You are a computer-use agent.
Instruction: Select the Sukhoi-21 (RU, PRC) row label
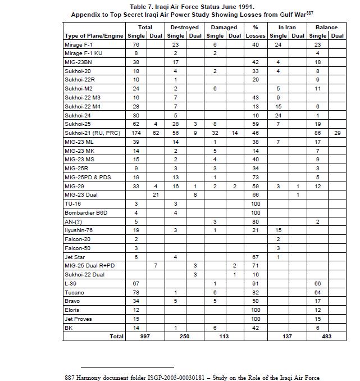[92, 133]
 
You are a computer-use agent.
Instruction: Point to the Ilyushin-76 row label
[78, 230]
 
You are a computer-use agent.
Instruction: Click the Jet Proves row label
[78, 319]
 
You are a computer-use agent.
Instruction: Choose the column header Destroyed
[184, 27]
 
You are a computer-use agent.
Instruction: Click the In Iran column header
[288, 27]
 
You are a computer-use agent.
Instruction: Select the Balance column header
[326, 27]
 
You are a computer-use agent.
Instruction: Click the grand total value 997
[144, 337]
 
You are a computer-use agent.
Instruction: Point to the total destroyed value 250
[184, 337]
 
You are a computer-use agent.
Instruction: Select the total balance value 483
[326, 337]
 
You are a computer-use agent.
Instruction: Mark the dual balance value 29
[337, 133]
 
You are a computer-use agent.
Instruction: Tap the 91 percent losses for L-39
[256, 283]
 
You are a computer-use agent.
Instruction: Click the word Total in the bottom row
[116, 337]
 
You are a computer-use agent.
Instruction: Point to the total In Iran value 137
[288, 337]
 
